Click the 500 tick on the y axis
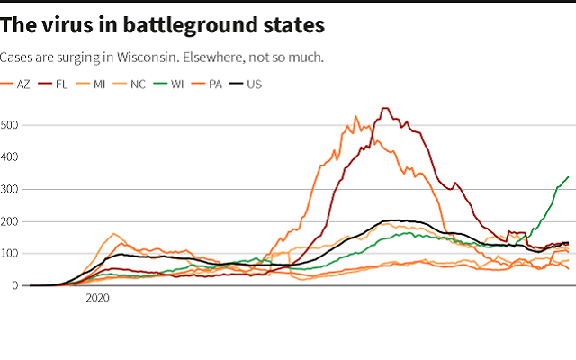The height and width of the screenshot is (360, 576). (9, 124)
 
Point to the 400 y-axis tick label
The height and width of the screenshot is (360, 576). (9, 157)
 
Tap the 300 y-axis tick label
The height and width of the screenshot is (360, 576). (9, 189)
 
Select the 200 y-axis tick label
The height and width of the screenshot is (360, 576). (9, 221)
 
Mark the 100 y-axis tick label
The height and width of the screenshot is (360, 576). (9, 254)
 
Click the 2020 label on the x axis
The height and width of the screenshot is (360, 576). (97, 297)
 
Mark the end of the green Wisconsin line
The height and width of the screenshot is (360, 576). (568, 176)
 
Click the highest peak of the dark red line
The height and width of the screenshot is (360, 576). (385, 109)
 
